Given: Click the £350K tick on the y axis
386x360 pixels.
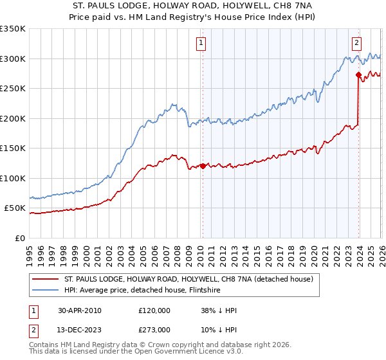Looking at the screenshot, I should pyautogui.click(x=13, y=29).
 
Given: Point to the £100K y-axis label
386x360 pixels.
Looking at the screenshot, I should pyautogui.click(x=13, y=178).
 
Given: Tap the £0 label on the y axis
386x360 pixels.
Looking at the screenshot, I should pyautogui.click(x=19, y=238).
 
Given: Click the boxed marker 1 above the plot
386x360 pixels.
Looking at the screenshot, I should pyautogui.click(x=201, y=43).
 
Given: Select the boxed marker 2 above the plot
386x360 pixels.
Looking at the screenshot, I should pyautogui.click(x=356, y=43).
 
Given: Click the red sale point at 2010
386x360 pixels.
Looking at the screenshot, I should pyautogui.click(x=203, y=166).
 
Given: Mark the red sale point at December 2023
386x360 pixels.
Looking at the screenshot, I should pyautogui.click(x=358, y=75).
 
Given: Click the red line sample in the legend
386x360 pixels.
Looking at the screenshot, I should pyautogui.click(x=45, y=279).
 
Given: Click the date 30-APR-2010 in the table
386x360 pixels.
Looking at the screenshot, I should pyautogui.click(x=79, y=310).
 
